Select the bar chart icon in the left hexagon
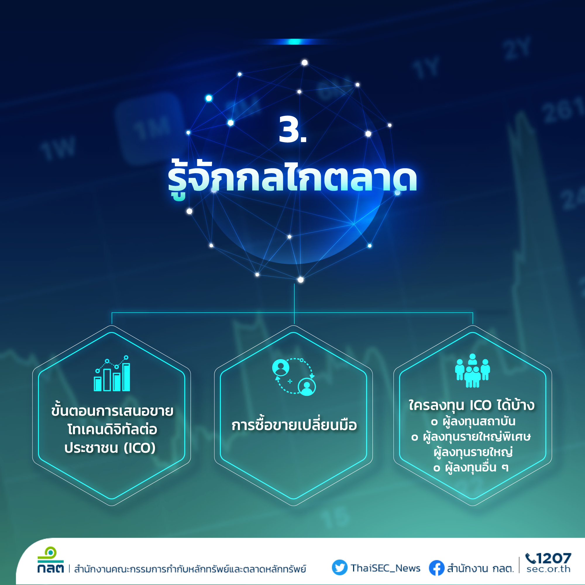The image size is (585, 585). coord(112,373)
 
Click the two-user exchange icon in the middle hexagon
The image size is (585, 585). coord(294,377)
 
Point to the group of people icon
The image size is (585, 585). coord(472,371)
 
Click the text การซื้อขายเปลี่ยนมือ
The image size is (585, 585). coord(294,425)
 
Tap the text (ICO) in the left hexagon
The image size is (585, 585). coord(140,448)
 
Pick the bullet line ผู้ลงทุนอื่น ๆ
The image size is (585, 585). coord(471,467)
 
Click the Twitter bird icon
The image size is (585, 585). coord(339,567)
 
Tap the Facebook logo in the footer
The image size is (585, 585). coord(437,568)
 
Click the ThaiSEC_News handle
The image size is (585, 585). coord(386,568)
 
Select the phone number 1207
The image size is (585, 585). coord(554,558)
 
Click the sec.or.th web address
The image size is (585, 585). coord(548,569)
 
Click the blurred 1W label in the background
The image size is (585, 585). coord(58,148)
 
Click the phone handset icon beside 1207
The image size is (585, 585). coord(531,558)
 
